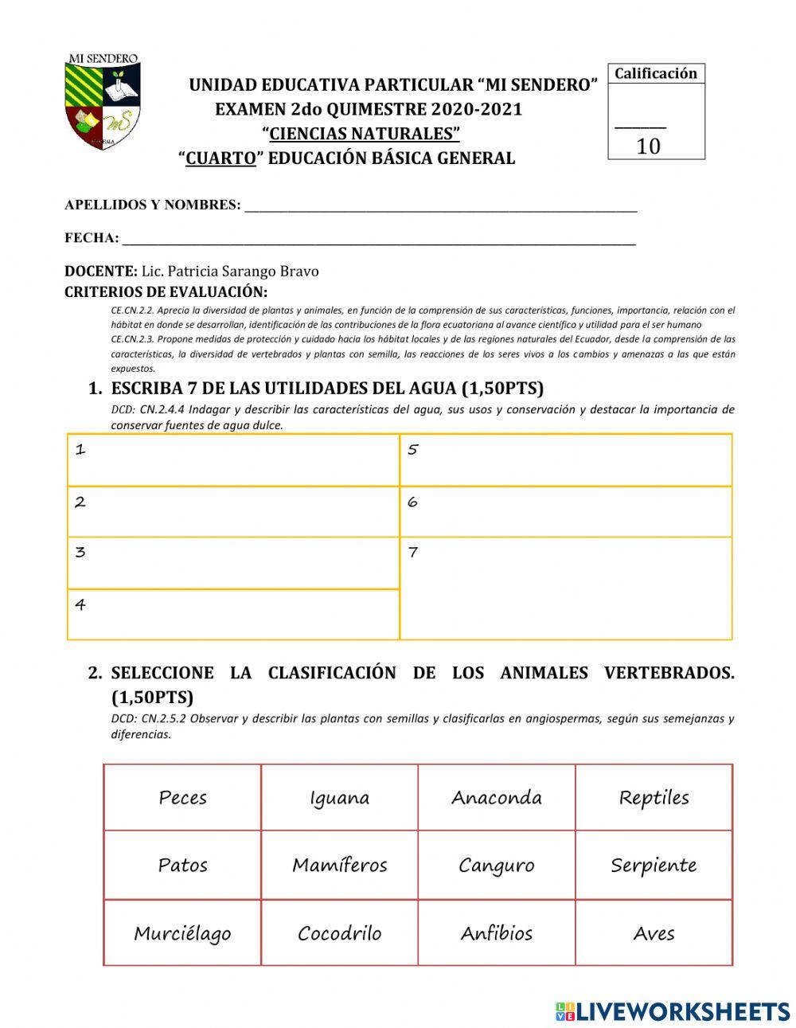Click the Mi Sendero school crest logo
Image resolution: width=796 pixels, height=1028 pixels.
click(103, 102)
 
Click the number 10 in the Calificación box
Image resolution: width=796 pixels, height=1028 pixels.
click(648, 146)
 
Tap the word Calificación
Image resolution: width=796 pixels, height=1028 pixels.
click(655, 73)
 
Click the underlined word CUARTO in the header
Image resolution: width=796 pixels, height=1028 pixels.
click(220, 158)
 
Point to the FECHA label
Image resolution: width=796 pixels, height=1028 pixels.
click(91, 237)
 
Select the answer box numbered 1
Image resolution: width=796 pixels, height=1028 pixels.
click(232, 460)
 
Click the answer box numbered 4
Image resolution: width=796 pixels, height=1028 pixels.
click(232, 614)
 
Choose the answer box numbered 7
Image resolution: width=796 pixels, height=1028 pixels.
click(565, 588)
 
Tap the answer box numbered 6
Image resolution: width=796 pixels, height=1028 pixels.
click(565, 511)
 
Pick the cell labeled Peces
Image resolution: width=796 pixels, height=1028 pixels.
click(182, 797)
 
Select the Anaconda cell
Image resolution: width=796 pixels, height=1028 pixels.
click(496, 797)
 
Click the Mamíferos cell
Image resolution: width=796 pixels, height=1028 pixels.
click(339, 865)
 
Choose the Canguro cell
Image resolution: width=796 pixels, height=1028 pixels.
click(496, 865)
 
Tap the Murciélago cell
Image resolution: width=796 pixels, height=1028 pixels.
click(182, 932)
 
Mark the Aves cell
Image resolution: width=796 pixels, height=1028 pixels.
click(654, 932)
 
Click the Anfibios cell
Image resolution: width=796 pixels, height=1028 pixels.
click(496, 932)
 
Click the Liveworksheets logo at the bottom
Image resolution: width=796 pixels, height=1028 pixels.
click(673, 1011)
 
